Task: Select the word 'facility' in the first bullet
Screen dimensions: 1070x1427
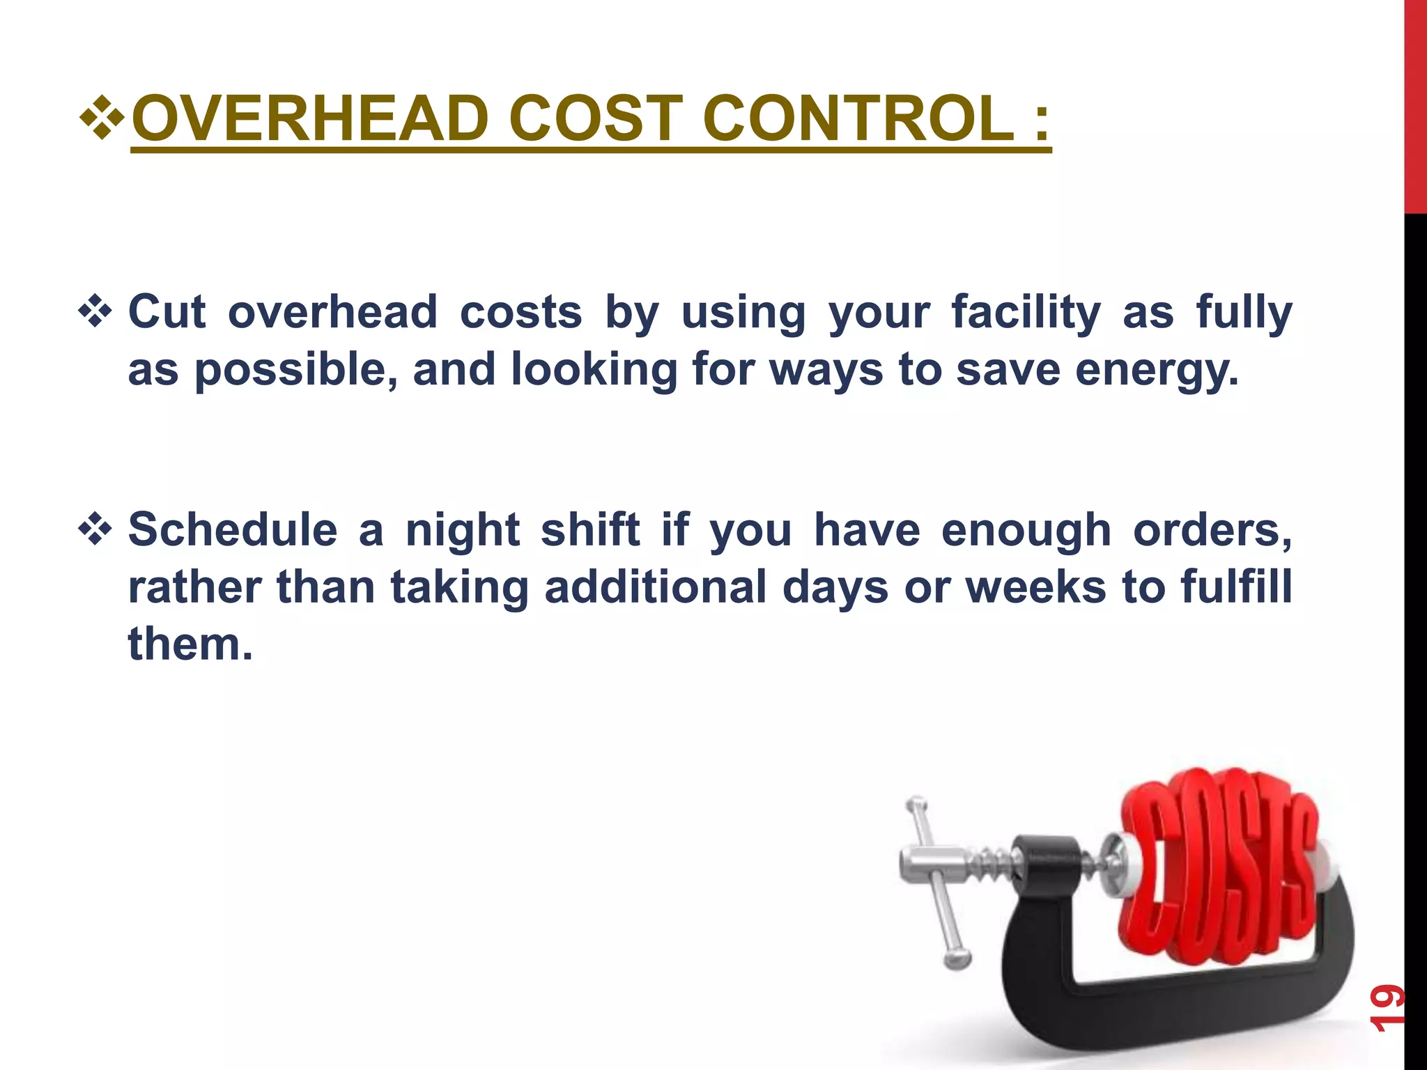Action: pos(1026,312)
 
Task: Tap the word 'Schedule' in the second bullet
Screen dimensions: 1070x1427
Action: pos(233,529)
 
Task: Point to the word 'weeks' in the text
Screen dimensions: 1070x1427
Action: pos(1035,587)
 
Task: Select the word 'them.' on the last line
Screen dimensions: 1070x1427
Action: pos(190,644)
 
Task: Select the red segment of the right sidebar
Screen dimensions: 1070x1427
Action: pos(1415,104)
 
